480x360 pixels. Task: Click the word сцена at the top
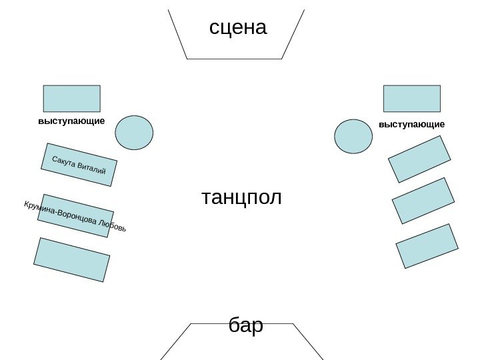click(237, 27)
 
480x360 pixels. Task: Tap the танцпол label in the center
click(241, 197)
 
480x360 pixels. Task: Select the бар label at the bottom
click(245, 326)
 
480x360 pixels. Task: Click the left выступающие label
click(71, 122)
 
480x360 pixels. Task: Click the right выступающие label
click(411, 124)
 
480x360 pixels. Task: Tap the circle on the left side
click(134, 132)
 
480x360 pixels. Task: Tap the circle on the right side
click(353, 136)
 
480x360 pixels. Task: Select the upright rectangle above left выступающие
click(71, 98)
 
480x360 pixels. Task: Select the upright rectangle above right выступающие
click(411, 98)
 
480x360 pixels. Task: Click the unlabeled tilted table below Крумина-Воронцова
click(71, 259)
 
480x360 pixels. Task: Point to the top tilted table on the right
click(419, 159)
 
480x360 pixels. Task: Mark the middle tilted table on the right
click(423, 200)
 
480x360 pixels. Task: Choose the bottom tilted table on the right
click(427, 245)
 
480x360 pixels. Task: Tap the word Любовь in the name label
click(111, 226)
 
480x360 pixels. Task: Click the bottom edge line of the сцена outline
click(234, 59)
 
